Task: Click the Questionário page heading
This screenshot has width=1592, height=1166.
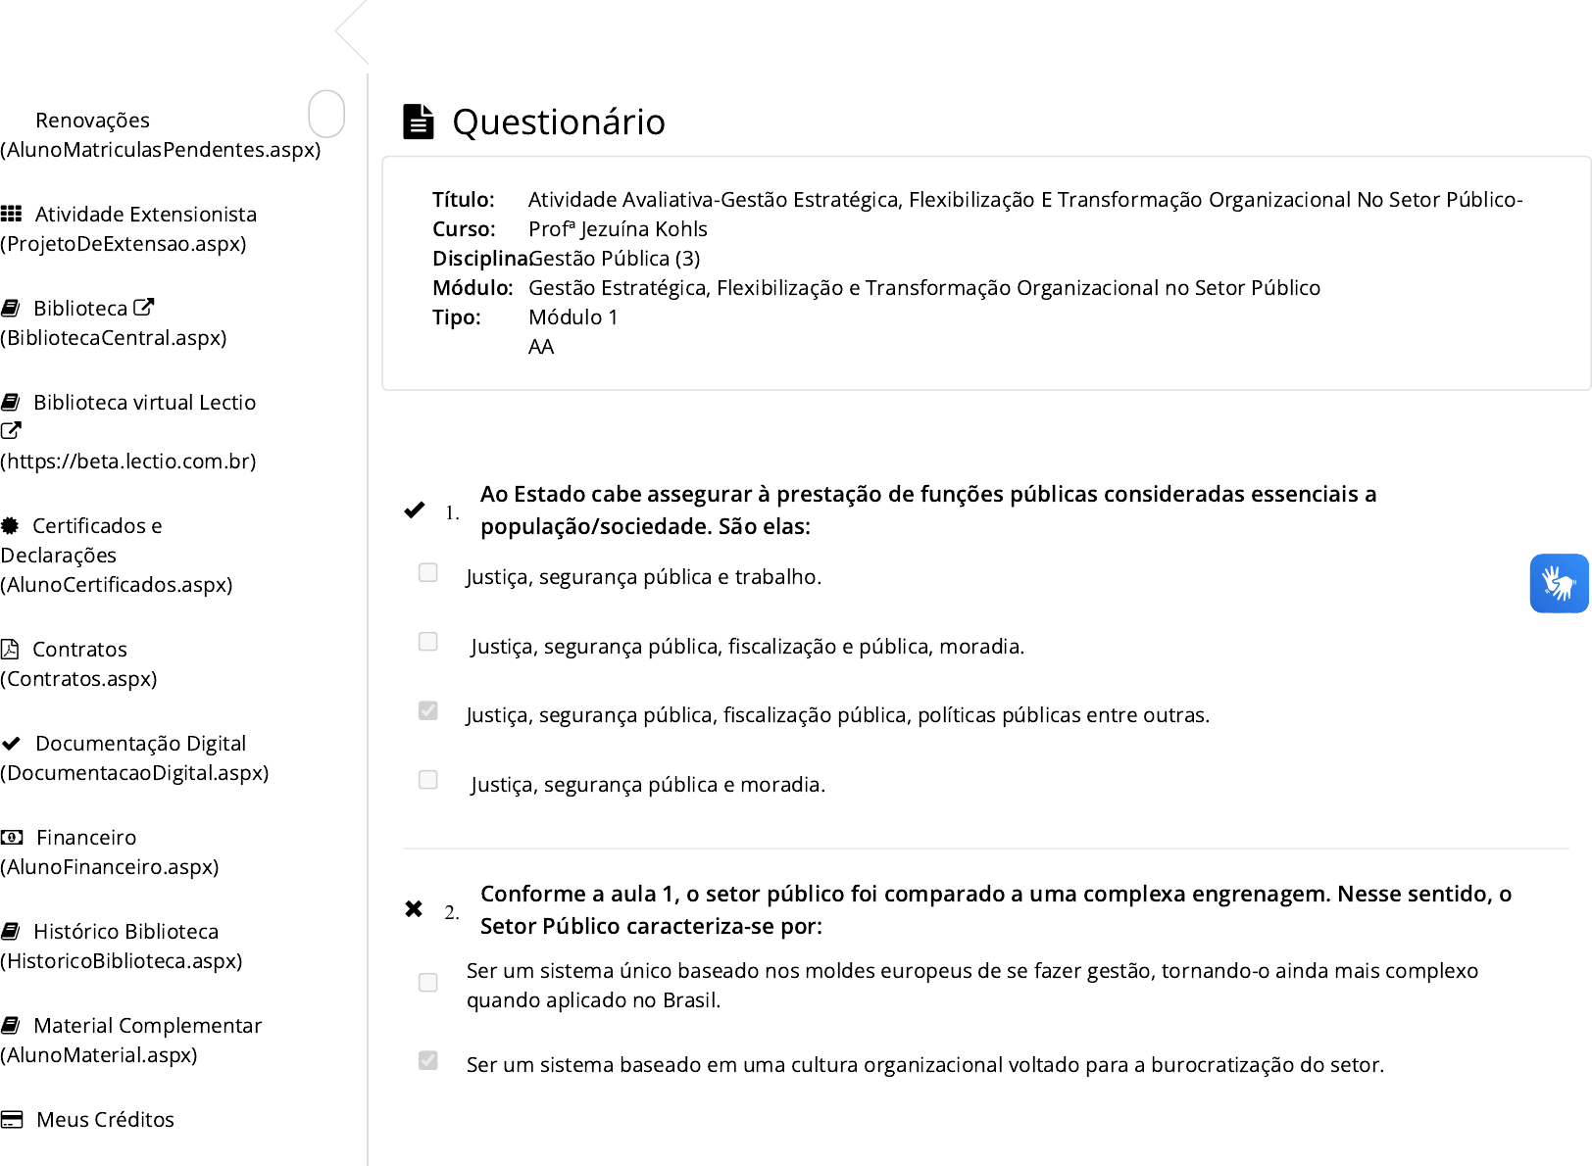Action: [558, 122]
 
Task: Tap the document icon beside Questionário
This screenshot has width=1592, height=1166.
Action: [419, 121]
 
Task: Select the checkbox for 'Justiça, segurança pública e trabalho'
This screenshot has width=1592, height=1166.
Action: [428, 572]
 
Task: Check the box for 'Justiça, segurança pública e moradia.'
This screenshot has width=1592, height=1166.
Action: [428, 780]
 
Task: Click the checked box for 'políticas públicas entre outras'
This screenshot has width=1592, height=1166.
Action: [428, 710]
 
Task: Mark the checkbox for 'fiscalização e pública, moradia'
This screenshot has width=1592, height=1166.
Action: [428, 642]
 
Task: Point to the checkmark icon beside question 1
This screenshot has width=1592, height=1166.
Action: [415, 510]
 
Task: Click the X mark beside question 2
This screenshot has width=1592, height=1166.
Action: [414, 909]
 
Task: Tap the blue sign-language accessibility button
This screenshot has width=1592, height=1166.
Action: [1559, 583]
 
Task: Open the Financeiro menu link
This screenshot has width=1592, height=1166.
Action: [86, 838]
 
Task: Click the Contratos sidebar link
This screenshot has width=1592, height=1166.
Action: [79, 650]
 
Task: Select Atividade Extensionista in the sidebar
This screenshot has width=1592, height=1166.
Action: [145, 215]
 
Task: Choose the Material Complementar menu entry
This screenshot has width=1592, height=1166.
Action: [147, 1026]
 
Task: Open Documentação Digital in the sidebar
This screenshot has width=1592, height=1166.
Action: [140, 744]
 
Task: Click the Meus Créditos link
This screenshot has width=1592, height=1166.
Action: [105, 1120]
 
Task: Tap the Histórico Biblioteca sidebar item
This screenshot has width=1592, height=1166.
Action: [125, 932]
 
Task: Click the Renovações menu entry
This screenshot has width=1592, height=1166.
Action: [92, 121]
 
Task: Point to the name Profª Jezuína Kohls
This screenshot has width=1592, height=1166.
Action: [618, 229]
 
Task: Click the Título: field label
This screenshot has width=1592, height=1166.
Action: [464, 200]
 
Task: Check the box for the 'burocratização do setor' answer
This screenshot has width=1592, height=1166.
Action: [428, 1060]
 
